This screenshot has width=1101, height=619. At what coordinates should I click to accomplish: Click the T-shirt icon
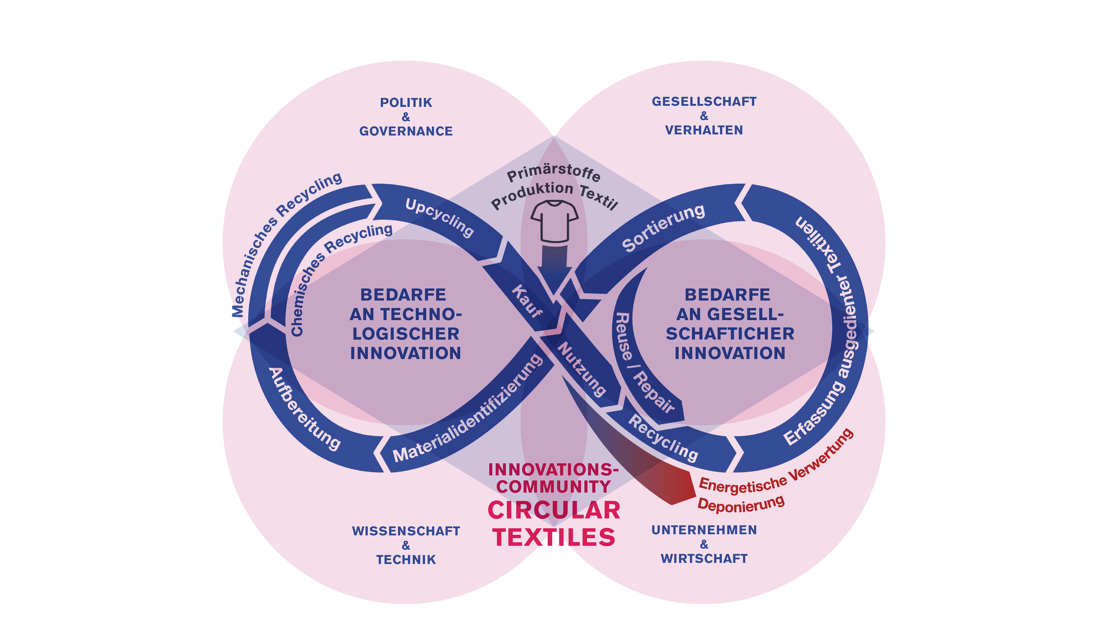point(554,221)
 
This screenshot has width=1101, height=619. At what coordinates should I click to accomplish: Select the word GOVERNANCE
point(406,131)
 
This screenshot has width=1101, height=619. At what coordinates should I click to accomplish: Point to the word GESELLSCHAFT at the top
point(704,102)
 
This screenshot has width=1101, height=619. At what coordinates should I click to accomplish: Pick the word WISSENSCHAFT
point(406,531)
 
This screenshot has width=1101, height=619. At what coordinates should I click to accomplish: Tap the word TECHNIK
point(406,560)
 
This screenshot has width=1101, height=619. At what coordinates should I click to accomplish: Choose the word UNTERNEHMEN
point(704,530)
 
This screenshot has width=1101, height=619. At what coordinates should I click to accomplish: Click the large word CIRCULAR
point(554,510)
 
